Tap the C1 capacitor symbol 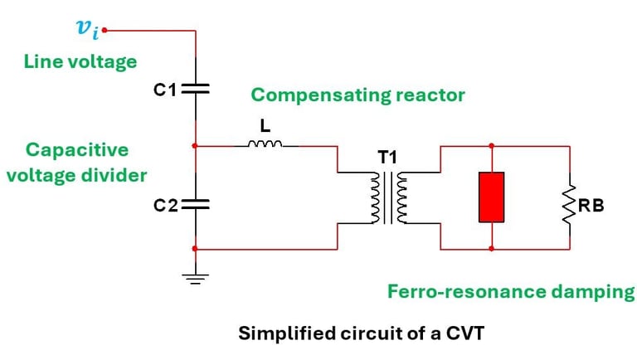[194, 90]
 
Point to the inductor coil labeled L [265, 145]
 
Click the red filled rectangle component [491, 197]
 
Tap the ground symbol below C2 [194, 277]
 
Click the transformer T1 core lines [388, 198]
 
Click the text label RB [591, 205]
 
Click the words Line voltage [80, 62]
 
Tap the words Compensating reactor [357, 95]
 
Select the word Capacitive [77, 149]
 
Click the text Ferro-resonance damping [511, 291]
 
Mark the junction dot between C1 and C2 [194, 146]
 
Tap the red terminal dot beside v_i [105, 32]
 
